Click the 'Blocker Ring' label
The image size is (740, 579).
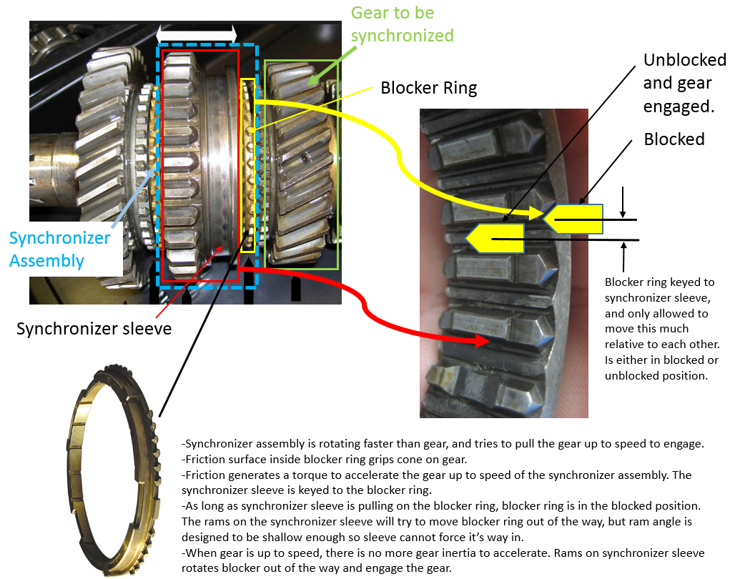(428, 88)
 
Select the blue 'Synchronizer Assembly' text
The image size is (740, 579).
(59, 249)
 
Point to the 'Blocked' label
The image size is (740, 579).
(674, 139)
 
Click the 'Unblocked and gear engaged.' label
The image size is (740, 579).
(677, 83)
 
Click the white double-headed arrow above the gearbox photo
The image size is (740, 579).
(196, 34)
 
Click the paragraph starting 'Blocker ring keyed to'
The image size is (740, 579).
(661, 328)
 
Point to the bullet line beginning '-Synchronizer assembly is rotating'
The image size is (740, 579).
(443, 444)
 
